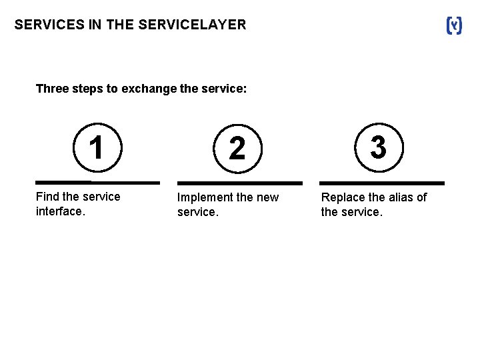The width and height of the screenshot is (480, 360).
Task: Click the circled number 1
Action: tap(97, 147)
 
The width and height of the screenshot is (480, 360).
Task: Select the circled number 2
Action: tap(237, 148)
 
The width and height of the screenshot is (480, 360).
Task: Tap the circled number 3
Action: tap(378, 147)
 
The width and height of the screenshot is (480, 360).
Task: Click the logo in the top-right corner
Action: tap(453, 25)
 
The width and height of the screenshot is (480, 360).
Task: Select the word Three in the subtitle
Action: tap(51, 89)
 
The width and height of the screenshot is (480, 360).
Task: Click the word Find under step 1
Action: tap(47, 197)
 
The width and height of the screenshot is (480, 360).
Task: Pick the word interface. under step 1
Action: tap(60, 211)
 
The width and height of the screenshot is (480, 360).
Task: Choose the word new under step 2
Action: tap(267, 198)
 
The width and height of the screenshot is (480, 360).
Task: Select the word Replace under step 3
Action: tap(343, 197)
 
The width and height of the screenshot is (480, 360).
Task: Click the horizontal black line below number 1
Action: tap(97, 182)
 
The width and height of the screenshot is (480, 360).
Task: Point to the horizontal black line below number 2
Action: tap(239, 183)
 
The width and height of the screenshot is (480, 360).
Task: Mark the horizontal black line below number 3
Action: tap(381, 183)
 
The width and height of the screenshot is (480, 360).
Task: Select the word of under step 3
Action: tap(421, 197)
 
